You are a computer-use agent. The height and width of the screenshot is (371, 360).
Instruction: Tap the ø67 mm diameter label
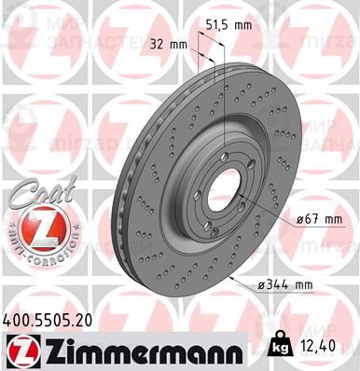point(317,219)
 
